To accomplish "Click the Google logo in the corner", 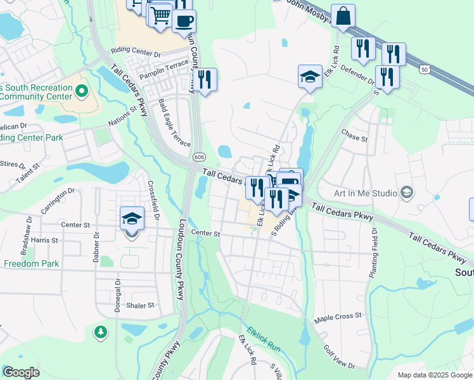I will coord(20,372).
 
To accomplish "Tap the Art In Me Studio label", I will coord(365,193).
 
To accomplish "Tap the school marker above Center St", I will coord(132,219).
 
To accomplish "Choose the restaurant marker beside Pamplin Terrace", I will coord(205,80).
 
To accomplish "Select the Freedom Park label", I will coord(32,263).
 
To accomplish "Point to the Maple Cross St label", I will coord(338,315).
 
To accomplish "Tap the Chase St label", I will coord(354,138).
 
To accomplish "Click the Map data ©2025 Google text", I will coord(434,375).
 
